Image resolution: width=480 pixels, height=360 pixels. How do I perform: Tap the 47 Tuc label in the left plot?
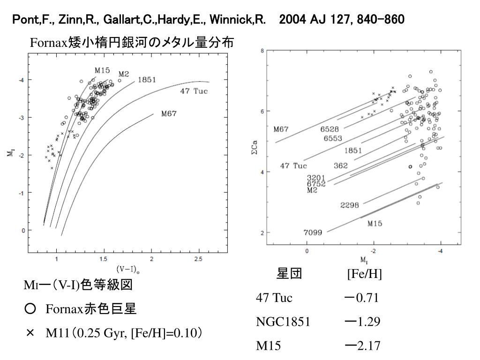[194, 90]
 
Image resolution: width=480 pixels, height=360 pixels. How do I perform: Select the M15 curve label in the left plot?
[102, 70]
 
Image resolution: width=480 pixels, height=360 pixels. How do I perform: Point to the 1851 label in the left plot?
[147, 80]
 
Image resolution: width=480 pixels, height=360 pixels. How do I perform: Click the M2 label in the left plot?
[123, 74]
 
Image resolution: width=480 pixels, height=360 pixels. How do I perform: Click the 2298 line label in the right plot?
[350, 205]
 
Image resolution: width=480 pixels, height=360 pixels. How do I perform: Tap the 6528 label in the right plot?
[330, 129]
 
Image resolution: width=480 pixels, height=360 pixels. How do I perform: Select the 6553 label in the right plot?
[333, 138]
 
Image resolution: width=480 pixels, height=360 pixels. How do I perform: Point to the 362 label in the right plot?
[341, 165]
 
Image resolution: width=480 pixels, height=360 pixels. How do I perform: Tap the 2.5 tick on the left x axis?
[198, 258]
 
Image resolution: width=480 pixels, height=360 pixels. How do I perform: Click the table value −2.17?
[361, 346]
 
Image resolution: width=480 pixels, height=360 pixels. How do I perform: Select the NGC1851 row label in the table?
[283, 322]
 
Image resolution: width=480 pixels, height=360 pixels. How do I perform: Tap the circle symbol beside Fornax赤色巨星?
[30, 309]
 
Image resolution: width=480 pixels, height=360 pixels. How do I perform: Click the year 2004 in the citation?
[292, 20]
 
